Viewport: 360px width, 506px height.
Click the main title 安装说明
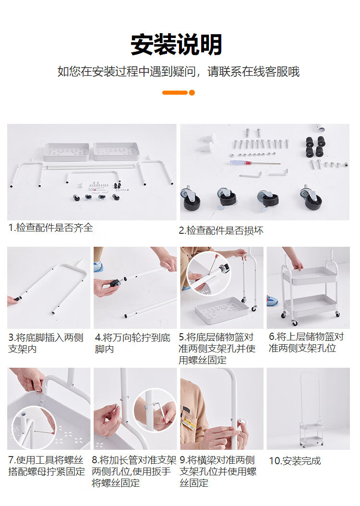click(176, 44)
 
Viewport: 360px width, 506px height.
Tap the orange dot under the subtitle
click(192, 93)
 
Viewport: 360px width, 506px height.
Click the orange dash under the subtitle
click(175, 93)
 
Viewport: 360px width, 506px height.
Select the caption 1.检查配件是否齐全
click(51, 228)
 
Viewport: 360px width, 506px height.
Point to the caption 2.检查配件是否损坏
click(221, 230)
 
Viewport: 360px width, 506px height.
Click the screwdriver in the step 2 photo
click(255, 163)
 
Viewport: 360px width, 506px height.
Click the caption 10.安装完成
click(295, 461)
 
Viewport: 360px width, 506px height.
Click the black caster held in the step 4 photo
click(115, 284)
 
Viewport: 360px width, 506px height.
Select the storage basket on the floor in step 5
click(221, 310)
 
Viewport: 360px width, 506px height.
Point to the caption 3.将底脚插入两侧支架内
click(46, 343)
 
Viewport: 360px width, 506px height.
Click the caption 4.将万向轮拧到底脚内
click(132, 343)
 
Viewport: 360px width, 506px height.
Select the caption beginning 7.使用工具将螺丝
click(47, 466)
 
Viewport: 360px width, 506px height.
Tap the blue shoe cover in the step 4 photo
click(98, 267)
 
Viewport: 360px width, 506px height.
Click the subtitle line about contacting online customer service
click(179, 72)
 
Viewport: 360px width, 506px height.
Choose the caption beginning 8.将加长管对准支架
click(134, 471)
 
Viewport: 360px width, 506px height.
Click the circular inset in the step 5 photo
click(209, 273)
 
